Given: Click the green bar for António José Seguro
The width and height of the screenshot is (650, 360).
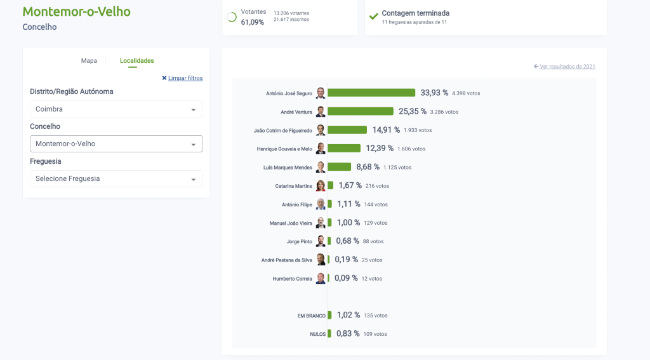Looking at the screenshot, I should (371, 93).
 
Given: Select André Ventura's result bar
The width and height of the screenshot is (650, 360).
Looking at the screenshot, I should (361, 111).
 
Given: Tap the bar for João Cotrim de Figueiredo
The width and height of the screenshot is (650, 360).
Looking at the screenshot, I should (347, 130).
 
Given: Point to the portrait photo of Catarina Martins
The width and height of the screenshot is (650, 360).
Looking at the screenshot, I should (321, 186).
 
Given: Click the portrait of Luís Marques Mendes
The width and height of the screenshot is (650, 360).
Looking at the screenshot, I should (321, 167).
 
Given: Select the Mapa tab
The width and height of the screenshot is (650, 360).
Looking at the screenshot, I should (89, 61).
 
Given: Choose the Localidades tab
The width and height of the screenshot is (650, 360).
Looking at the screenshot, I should (136, 61).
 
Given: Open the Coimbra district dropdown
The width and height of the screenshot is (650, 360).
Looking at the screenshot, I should (116, 109).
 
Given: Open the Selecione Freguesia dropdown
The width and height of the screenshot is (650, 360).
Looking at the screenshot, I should (116, 179).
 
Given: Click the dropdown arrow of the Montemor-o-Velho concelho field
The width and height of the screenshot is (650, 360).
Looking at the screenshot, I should (193, 144).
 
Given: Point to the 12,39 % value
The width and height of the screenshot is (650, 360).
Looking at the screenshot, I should (380, 148).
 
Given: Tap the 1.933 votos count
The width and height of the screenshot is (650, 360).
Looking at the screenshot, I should (418, 130).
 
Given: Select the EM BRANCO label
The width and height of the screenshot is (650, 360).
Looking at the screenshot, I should (311, 316).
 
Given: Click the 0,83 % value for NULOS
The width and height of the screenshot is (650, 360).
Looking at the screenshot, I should (348, 333).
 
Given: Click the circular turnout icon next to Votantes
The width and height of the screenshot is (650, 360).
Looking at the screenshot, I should (232, 17).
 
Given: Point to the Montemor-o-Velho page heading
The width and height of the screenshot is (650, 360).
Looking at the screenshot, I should (76, 12).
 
